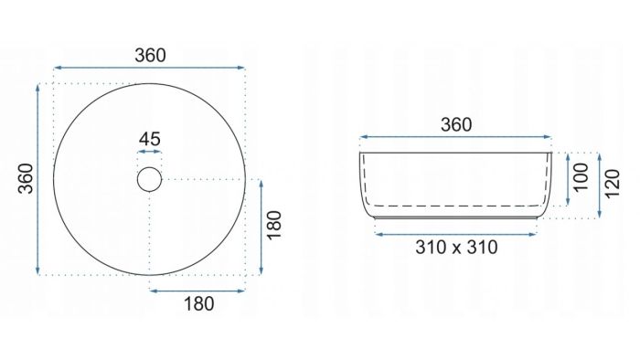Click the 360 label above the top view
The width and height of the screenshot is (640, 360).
[x=150, y=56]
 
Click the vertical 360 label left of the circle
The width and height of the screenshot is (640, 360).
[x=27, y=178]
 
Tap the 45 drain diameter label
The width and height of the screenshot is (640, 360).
[x=149, y=140]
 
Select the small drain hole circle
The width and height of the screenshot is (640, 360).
[x=149, y=179]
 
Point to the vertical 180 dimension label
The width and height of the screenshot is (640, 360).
[x=274, y=226]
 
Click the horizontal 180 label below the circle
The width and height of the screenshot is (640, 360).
[x=198, y=304]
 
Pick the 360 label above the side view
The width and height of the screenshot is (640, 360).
[x=456, y=125]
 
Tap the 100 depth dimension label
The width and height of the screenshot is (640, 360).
[x=581, y=177]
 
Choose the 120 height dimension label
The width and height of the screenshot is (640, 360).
[x=612, y=184]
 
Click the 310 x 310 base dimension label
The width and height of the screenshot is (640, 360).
[x=456, y=248]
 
